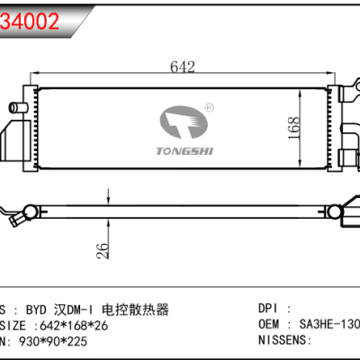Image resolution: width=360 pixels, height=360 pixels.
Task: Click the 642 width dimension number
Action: (184, 65)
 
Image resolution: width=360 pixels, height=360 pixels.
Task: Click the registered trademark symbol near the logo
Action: (209, 107)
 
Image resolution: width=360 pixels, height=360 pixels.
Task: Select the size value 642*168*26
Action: (76, 326)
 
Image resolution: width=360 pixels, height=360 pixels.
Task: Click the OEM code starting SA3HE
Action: (326, 326)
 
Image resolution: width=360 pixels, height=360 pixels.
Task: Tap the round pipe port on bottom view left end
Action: (29, 212)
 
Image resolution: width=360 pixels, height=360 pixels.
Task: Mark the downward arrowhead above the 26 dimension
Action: (109, 202)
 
